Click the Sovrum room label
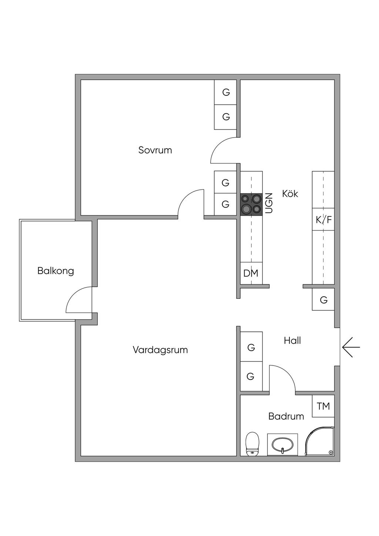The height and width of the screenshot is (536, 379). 155,150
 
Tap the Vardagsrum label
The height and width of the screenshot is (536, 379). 160,350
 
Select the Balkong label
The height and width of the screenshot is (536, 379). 56,271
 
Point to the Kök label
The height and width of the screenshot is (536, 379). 290,193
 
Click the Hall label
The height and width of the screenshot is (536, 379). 292,340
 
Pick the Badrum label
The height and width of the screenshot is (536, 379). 286,416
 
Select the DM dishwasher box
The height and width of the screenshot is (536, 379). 251,273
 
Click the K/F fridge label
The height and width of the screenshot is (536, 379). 323,220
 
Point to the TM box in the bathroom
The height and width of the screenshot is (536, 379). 323,406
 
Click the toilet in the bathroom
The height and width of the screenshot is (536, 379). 252,444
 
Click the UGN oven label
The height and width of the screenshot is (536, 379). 269,203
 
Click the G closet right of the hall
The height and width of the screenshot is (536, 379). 323,300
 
